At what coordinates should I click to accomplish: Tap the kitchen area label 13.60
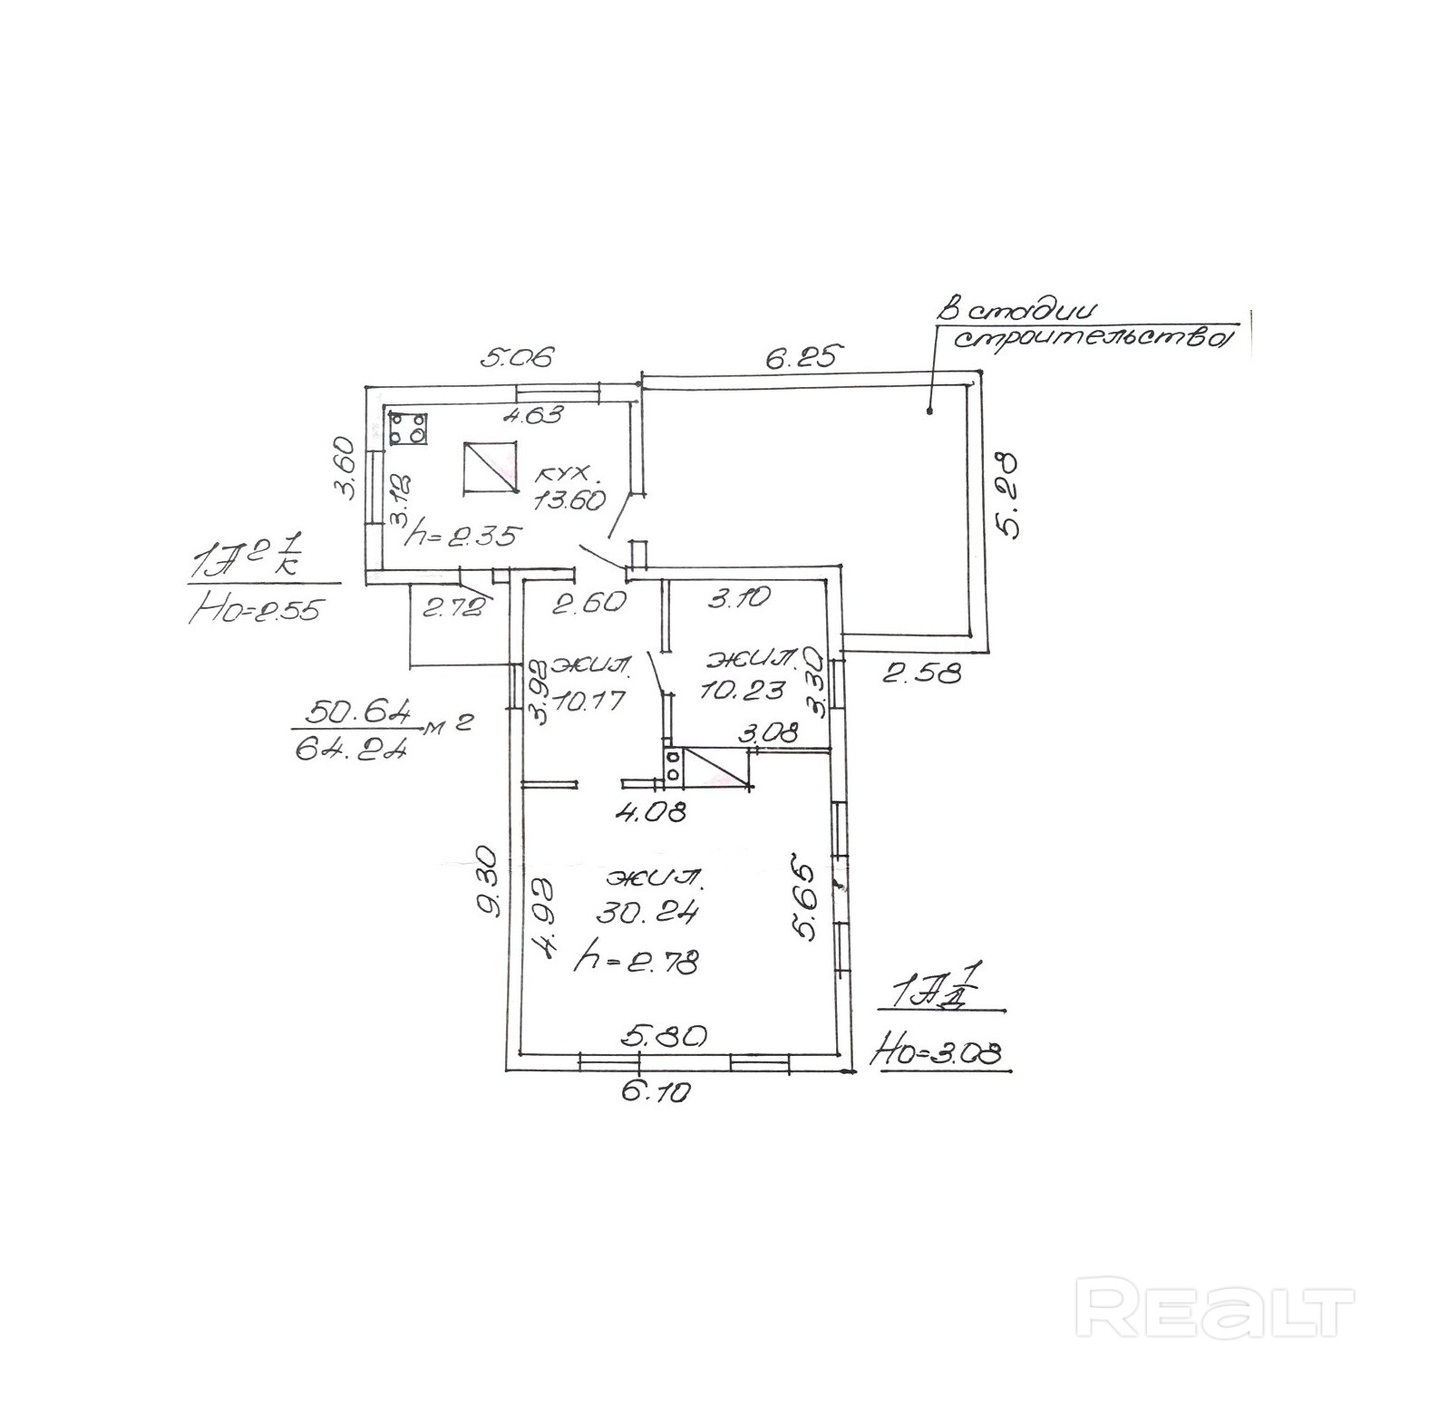point(569,499)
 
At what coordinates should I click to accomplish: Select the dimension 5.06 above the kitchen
point(516,356)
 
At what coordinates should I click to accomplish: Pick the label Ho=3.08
point(937,1053)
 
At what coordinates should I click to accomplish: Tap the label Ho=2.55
point(255,610)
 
